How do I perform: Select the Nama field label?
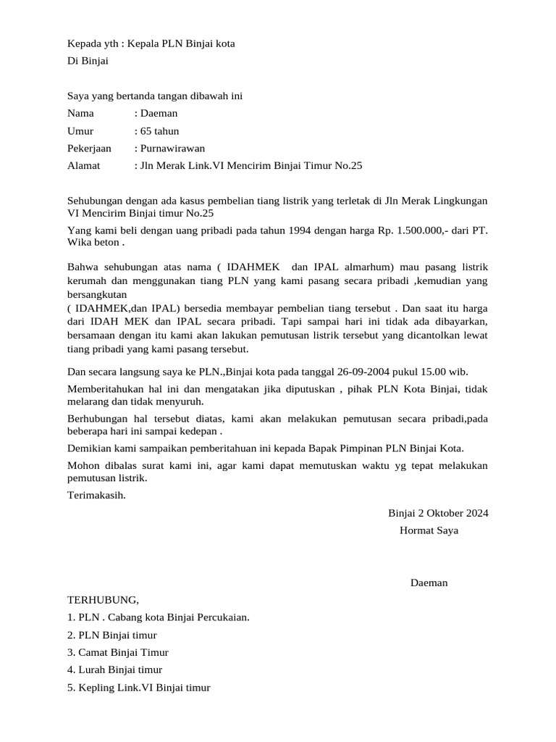[80, 113]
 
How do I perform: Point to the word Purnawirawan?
[172, 149]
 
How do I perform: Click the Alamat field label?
[83, 166]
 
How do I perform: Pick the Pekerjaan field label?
[89, 149]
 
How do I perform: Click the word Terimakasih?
[96, 495]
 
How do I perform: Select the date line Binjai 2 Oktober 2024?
[438, 513]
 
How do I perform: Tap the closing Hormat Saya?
[429, 530]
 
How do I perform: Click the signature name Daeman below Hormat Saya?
[429, 583]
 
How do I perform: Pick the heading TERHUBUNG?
[102, 600]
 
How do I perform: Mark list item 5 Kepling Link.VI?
[138, 688]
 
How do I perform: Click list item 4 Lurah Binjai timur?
[114, 670]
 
